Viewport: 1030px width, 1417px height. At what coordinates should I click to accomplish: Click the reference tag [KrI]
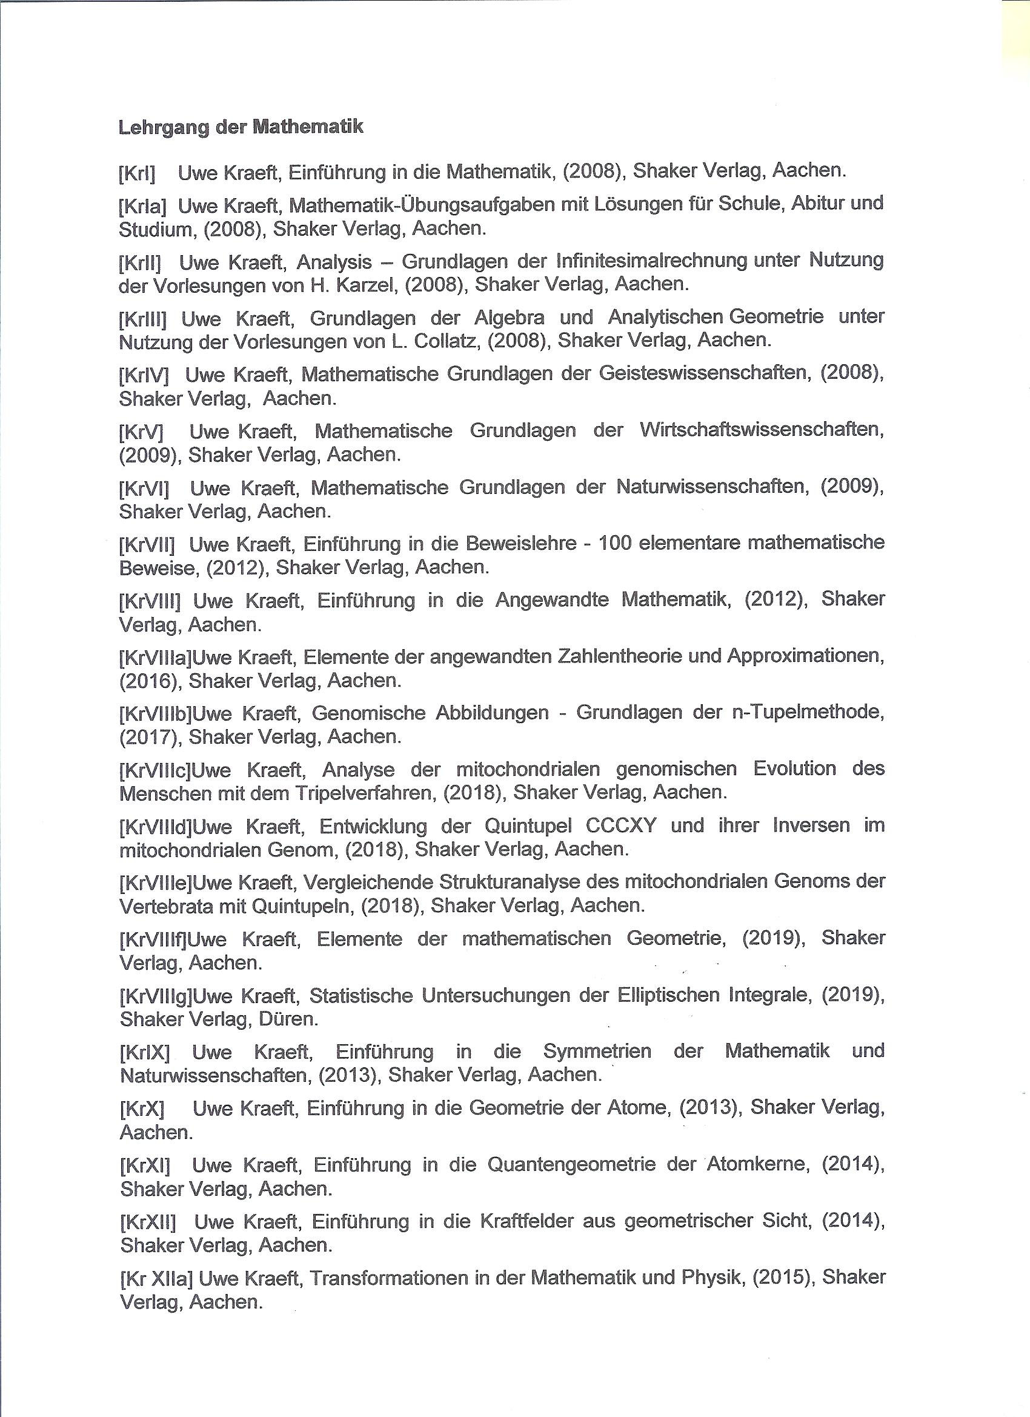coord(137,173)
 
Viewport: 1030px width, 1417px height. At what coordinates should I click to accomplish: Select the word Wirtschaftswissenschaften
coord(762,430)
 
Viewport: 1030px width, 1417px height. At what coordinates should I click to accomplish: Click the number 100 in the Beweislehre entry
coord(615,543)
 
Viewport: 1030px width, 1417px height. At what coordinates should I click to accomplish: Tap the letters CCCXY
coord(622,826)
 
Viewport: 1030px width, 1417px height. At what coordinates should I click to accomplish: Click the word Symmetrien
coord(597,1052)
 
